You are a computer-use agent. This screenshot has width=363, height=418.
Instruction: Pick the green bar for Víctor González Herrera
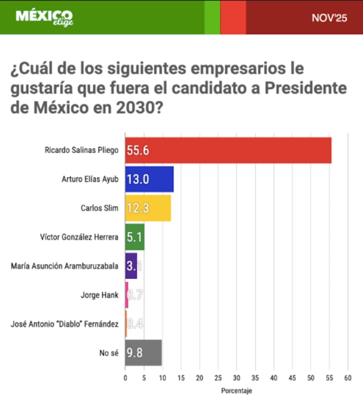pos(135,237)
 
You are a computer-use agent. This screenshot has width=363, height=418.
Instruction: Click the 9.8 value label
pos(134,353)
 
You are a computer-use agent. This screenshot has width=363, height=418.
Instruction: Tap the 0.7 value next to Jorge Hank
pos(135,295)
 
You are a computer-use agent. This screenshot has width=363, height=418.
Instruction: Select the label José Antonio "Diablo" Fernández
pos(65,324)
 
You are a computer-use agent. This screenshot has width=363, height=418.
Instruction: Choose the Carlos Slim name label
pos(99,208)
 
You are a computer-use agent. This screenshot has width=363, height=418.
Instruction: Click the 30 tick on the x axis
pos(236,377)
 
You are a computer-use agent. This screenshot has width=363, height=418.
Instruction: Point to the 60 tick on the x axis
pos(348,377)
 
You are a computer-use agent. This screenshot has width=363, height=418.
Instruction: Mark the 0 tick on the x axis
pos(125,377)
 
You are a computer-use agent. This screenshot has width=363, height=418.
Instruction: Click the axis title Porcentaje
pos(236,390)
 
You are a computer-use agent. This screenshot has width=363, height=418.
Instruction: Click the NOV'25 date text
pos(329,18)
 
